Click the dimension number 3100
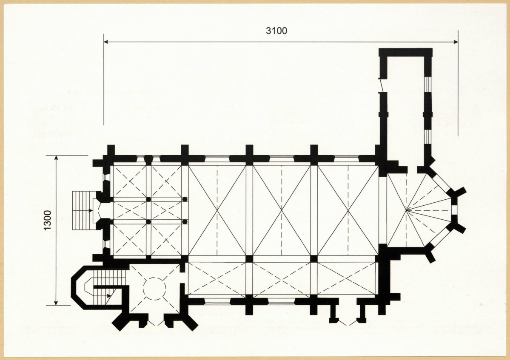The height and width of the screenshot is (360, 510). pyautogui.click(x=276, y=31)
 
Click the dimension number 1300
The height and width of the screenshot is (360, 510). pyautogui.click(x=48, y=221)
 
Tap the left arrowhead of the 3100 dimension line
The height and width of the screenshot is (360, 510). pyautogui.click(x=106, y=42)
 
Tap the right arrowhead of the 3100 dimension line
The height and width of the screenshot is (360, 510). pyautogui.click(x=456, y=42)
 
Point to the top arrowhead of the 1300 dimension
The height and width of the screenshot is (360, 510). pyautogui.click(x=56, y=158)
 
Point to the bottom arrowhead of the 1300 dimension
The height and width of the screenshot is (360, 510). pyautogui.click(x=56, y=303)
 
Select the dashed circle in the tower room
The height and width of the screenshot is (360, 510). pyautogui.click(x=155, y=289)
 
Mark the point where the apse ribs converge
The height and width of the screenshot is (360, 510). pyautogui.click(x=407, y=210)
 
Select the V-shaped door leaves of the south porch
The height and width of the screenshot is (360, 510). pyautogui.click(x=348, y=323)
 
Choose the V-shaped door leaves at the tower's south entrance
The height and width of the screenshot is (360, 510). pyautogui.click(x=156, y=322)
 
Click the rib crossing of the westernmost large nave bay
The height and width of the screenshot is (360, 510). pyautogui.click(x=217, y=210)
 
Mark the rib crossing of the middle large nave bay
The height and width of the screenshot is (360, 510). pyautogui.click(x=282, y=210)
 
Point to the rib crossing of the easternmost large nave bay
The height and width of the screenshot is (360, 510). pyautogui.click(x=348, y=210)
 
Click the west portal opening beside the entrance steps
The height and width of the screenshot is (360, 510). pyautogui.click(x=97, y=210)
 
